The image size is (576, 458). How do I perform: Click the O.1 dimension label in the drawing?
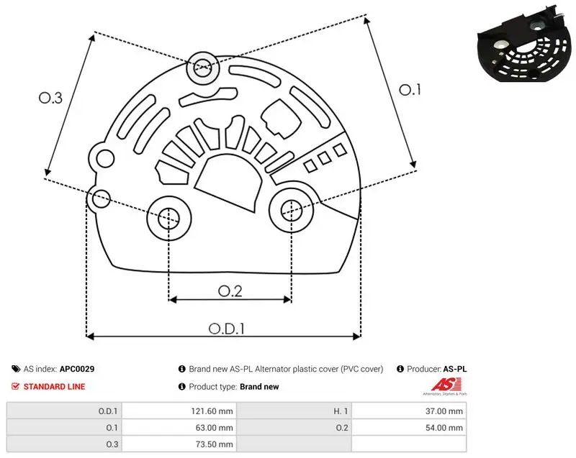pos(410,90)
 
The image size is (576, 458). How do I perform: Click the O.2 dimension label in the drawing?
pos(230,291)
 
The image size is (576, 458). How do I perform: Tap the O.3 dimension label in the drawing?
pos(50,98)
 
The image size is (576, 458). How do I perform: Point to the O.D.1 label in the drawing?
pos(227,329)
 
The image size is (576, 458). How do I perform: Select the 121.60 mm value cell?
pos(179,411)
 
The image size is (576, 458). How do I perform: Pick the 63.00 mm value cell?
pos(179,428)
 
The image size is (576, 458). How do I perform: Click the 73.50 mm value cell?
pos(179,444)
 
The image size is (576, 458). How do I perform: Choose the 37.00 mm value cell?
pos(409,411)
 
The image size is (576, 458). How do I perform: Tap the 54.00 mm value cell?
pos(409,428)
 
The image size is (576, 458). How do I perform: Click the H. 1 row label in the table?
pos(341,411)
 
